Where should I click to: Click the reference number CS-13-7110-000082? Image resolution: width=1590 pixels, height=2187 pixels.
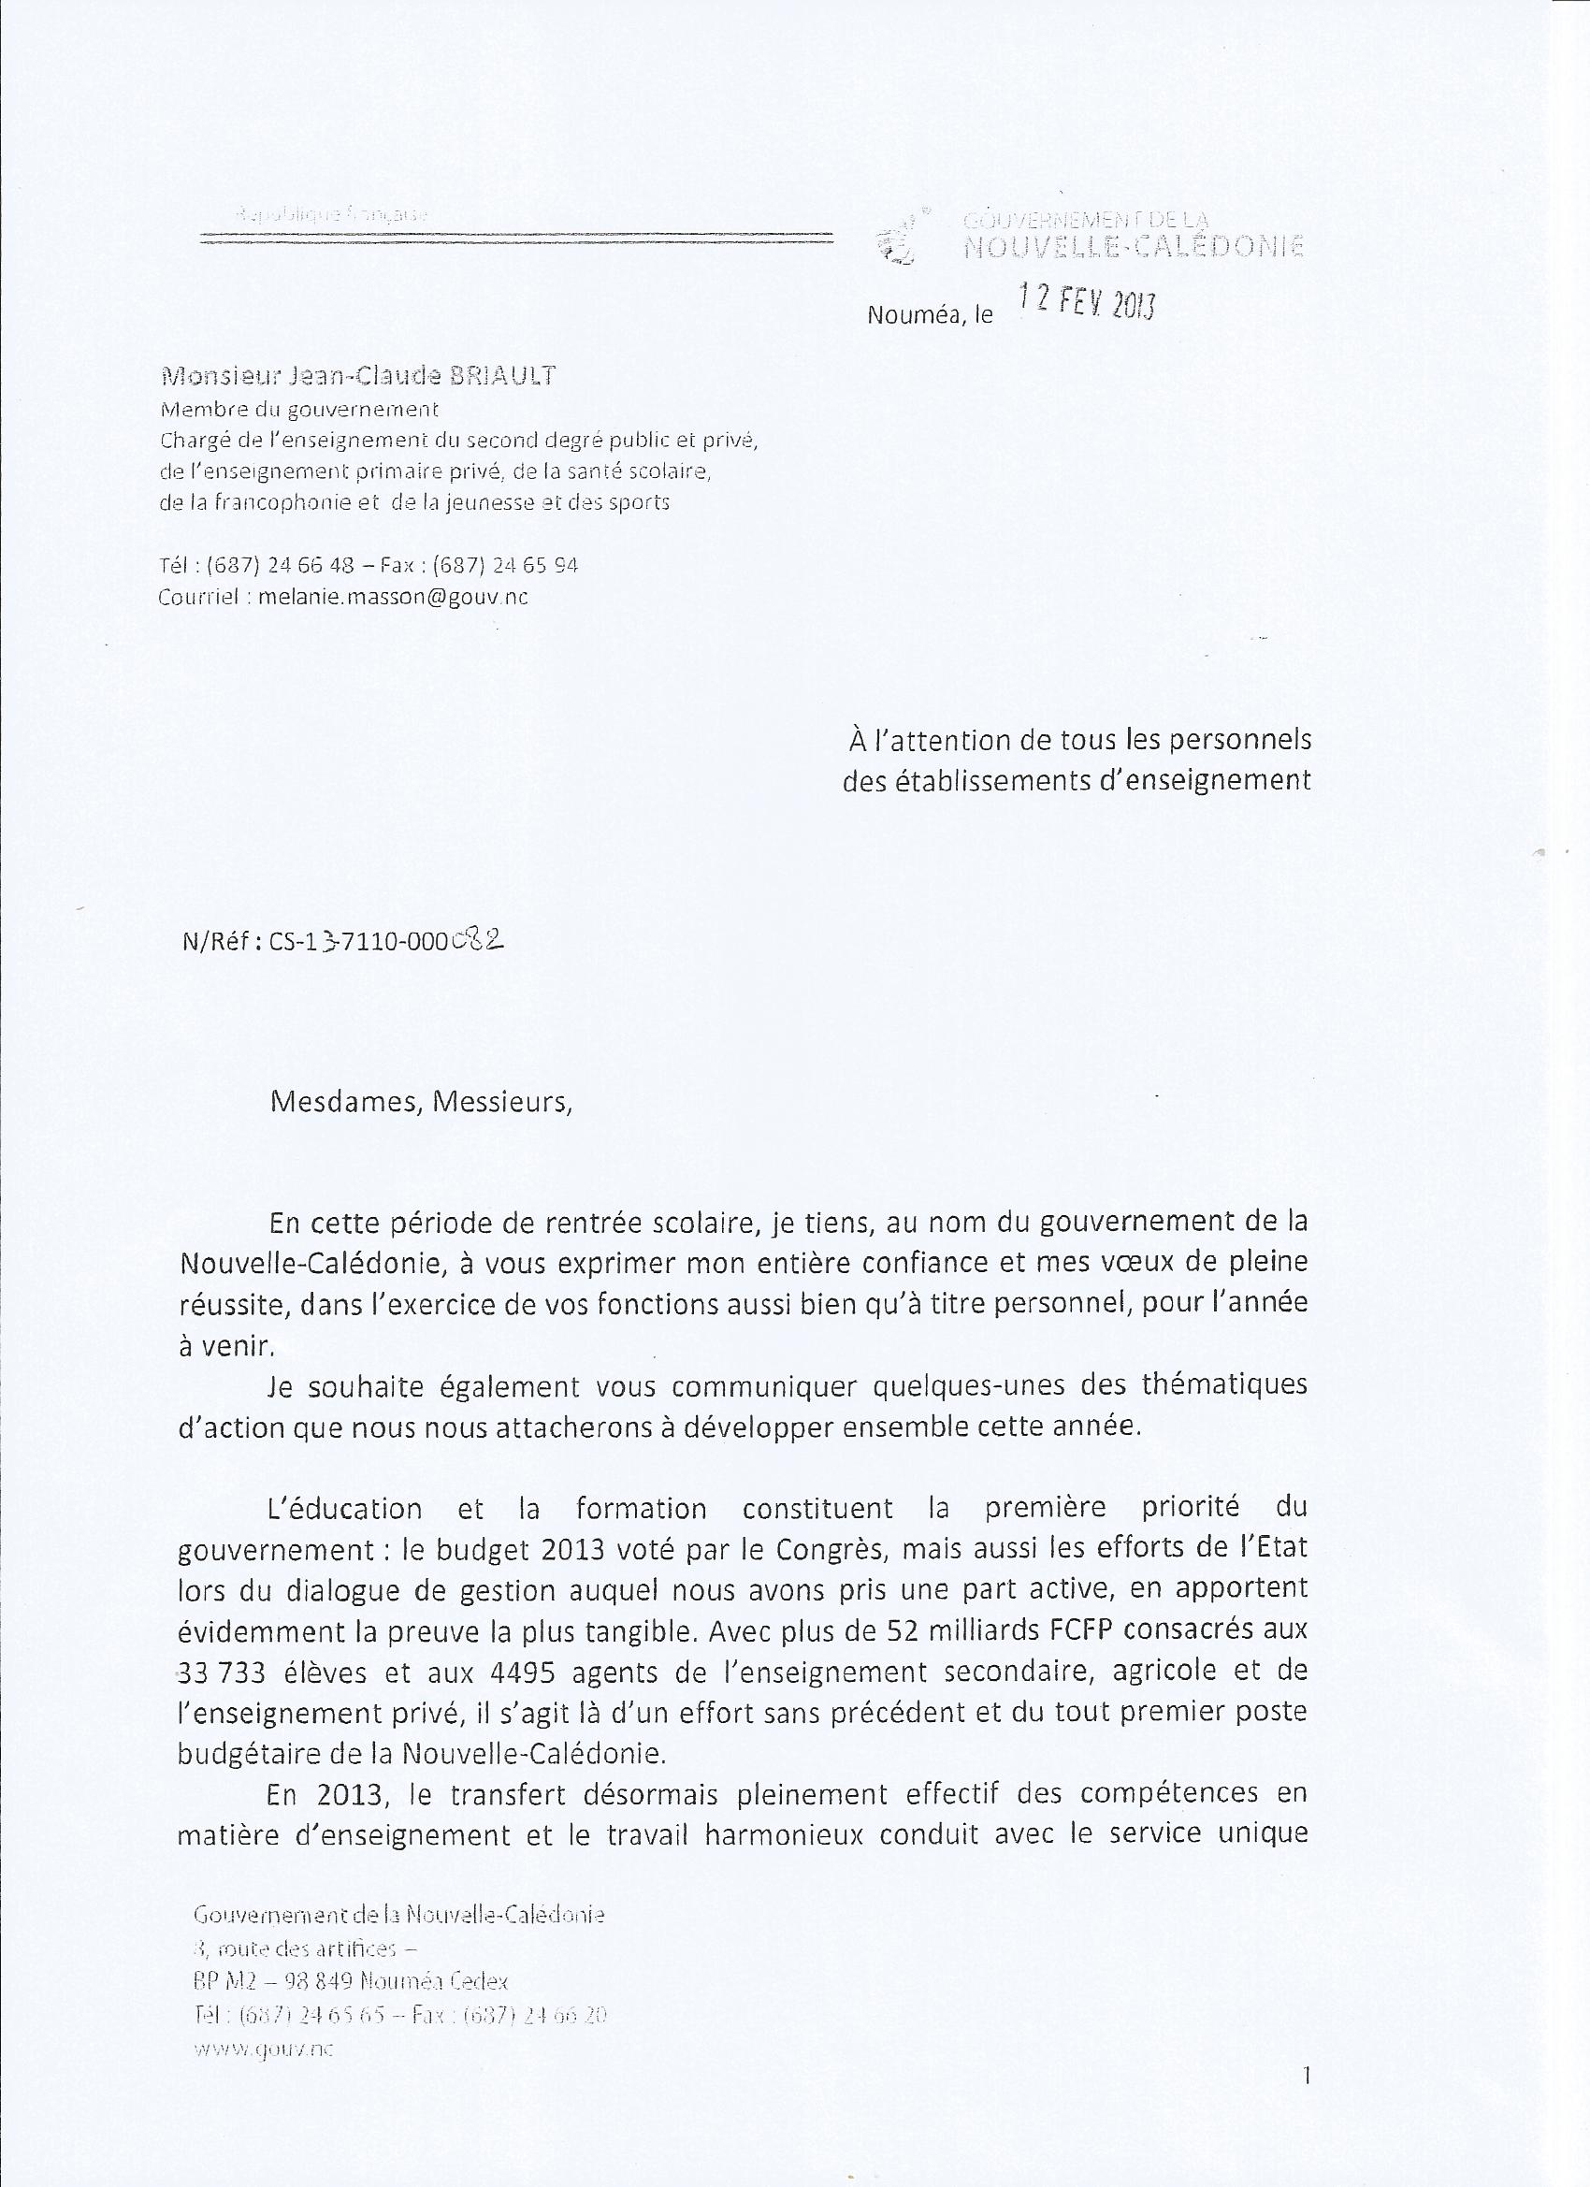386,941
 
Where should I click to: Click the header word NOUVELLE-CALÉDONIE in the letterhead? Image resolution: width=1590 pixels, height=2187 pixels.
1134,247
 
